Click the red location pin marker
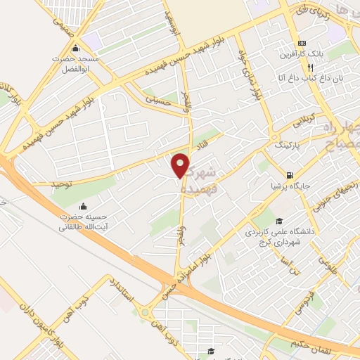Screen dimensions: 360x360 pyautogui.click(x=181, y=165)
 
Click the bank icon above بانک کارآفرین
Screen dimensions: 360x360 pyautogui.click(x=301, y=42)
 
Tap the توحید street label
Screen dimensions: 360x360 pyautogui.click(x=62, y=184)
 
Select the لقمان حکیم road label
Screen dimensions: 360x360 pyautogui.click(x=312, y=344)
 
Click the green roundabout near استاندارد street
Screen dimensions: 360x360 pyautogui.click(x=145, y=312)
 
